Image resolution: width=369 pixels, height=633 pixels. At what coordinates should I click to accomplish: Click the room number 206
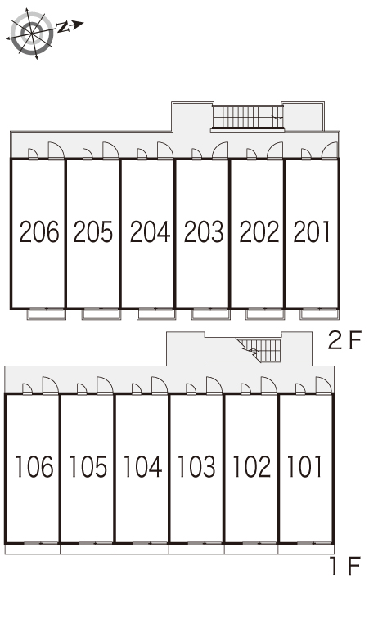coord(39,231)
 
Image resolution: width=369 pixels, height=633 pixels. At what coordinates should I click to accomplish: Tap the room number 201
coord(312,231)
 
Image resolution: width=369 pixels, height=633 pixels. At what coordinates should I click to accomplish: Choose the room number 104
coord(142,466)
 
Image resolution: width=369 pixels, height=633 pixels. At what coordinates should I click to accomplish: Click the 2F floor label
coord(344,340)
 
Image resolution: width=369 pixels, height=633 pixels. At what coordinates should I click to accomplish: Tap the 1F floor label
coord(345,565)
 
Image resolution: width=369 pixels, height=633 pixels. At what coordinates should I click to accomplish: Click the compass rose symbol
coord(31,32)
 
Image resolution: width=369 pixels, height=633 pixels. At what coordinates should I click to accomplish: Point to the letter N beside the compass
coord(63,27)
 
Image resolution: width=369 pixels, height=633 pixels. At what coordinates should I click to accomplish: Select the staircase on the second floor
coord(247,118)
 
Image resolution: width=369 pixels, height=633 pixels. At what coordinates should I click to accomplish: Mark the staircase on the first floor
coord(259,350)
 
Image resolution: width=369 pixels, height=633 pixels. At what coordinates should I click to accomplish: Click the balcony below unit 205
coord(101,314)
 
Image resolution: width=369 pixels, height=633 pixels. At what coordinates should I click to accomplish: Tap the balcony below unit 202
coord(265,314)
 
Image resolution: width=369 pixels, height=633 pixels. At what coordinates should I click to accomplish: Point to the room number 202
coord(259,231)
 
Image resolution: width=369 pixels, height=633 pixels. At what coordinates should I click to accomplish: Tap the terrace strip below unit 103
coord(196,549)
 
